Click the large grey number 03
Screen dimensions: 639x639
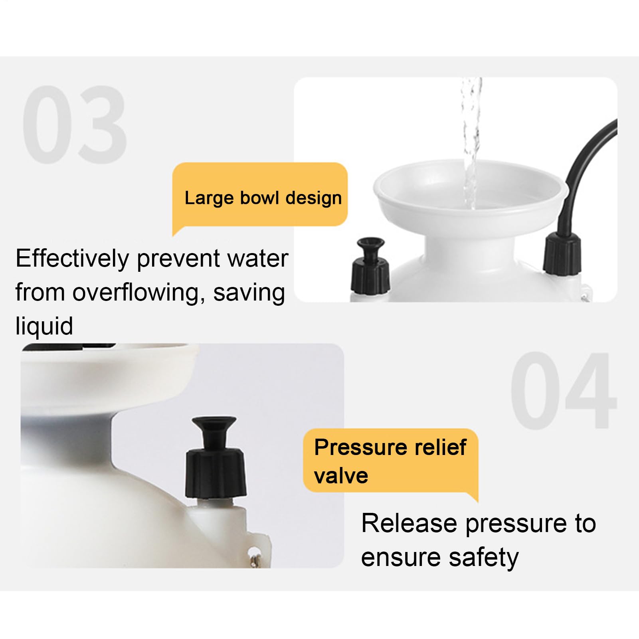(x=75, y=125)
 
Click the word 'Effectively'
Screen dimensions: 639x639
(x=72, y=259)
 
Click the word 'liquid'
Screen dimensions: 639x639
(x=44, y=326)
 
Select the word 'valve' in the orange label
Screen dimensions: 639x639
(x=341, y=476)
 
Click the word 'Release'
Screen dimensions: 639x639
(x=409, y=523)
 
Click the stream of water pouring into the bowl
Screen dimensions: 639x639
(x=471, y=144)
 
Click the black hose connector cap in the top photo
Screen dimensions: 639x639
(x=562, y=254)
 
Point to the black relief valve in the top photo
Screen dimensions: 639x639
(x=370, y=266)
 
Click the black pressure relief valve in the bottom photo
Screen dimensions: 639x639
(x=216, y=458)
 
